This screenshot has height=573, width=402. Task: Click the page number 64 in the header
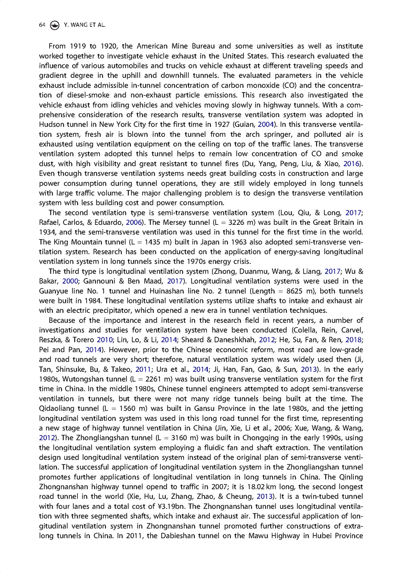click(42, 25)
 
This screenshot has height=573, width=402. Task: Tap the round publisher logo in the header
click(54, 25)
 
